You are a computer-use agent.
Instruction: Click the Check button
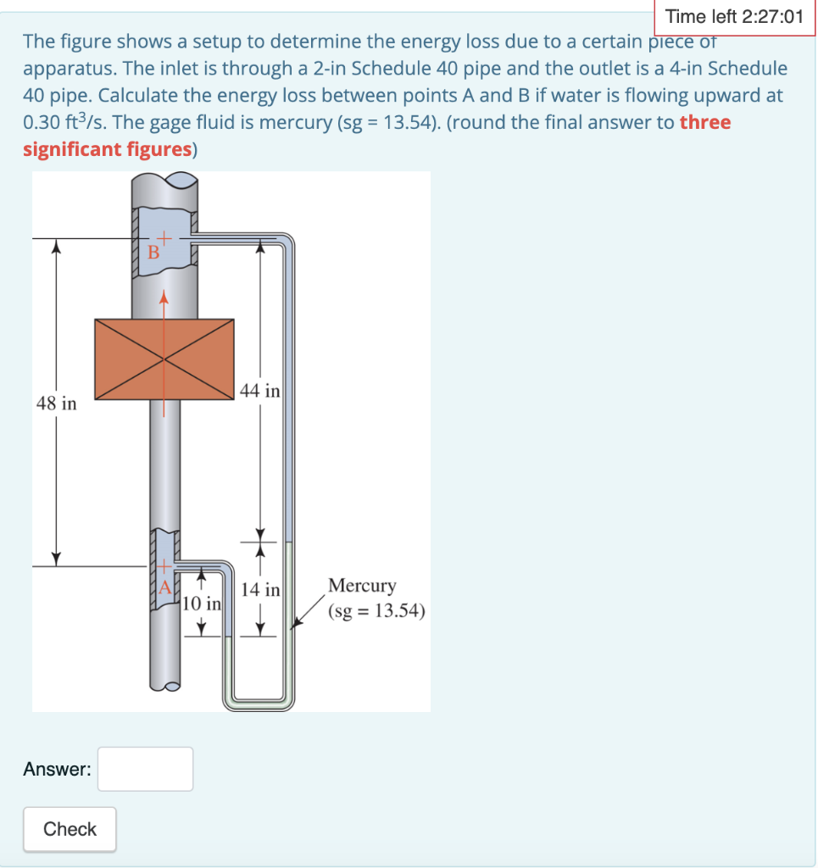(x=70, y=829)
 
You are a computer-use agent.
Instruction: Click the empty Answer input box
(x=145, y=769)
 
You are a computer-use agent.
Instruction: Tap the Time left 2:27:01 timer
(x=733, y=16)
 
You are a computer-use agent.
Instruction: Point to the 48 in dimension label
(x=56, y=403)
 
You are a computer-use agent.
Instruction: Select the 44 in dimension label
(x=259, y=391)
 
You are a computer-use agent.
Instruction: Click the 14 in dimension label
(x=260, y=590)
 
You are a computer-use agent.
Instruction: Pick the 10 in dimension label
(x=202, y=604)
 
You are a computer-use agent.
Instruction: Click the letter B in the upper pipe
(x=153, y=253)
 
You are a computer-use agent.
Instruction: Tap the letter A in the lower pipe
(x=165, y=586)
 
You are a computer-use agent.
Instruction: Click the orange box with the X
(x=164, y=359)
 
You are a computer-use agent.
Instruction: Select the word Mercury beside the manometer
(x=362, y=586)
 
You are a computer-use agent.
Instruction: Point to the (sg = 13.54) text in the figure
(x=376, y=611)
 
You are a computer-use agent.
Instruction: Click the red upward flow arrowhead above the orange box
(x=164, y=297)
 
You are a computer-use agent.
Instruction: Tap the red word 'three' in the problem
(x=704, y=122)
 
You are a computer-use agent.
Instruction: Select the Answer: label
(x=57, y=769)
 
